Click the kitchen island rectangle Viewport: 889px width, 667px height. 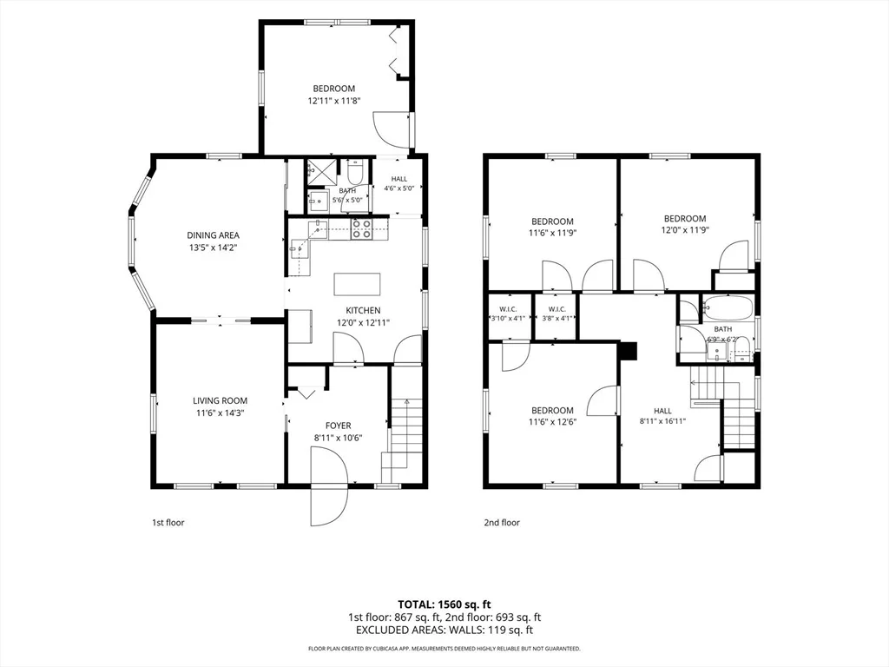(357, 284)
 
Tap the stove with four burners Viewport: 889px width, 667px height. (362, 228)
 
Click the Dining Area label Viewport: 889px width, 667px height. (214, 234)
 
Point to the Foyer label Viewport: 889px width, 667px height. (338, 426)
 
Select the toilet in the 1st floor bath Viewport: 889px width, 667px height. (355, 169)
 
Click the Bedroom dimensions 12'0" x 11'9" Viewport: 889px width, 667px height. (685, 230)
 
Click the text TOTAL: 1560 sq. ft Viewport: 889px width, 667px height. (444, 604)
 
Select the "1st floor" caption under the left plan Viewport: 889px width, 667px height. (168, 522)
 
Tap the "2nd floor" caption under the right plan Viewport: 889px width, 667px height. (502, 522)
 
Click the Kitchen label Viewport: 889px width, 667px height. (364, 310)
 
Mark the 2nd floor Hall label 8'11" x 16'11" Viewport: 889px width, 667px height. (662, 416)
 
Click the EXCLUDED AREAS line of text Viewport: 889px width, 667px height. (444, 630)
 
